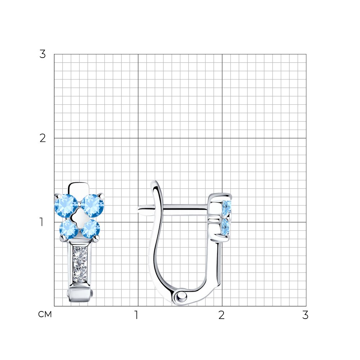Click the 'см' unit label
tap(45, 315)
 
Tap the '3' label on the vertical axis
tap(42, 54)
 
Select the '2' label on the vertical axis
tap(42, 138)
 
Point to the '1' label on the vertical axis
tap(41, 222)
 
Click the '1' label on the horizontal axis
tap(136, 315)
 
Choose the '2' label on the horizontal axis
tap(221, 315)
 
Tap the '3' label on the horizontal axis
tap(305, 315)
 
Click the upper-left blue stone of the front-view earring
tap(66, 206)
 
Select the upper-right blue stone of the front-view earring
tap(93, 206)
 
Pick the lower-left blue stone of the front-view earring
tap(69, 229)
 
